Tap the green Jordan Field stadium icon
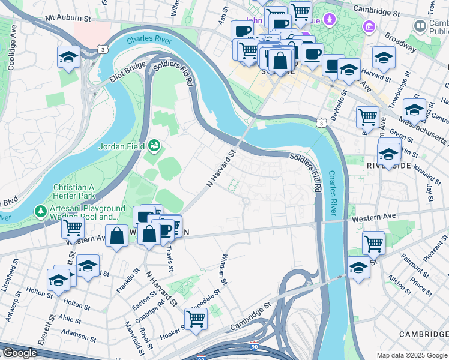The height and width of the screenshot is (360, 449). [155, 145]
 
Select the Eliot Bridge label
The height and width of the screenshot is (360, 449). [128, 72]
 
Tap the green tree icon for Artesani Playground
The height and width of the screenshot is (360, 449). [40, 211]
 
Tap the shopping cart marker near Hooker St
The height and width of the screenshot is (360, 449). [196, 318]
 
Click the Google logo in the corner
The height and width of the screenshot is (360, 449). [19, 353]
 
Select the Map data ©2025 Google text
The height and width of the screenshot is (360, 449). [412, 355]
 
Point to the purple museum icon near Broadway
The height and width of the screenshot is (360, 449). [369, 26]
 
